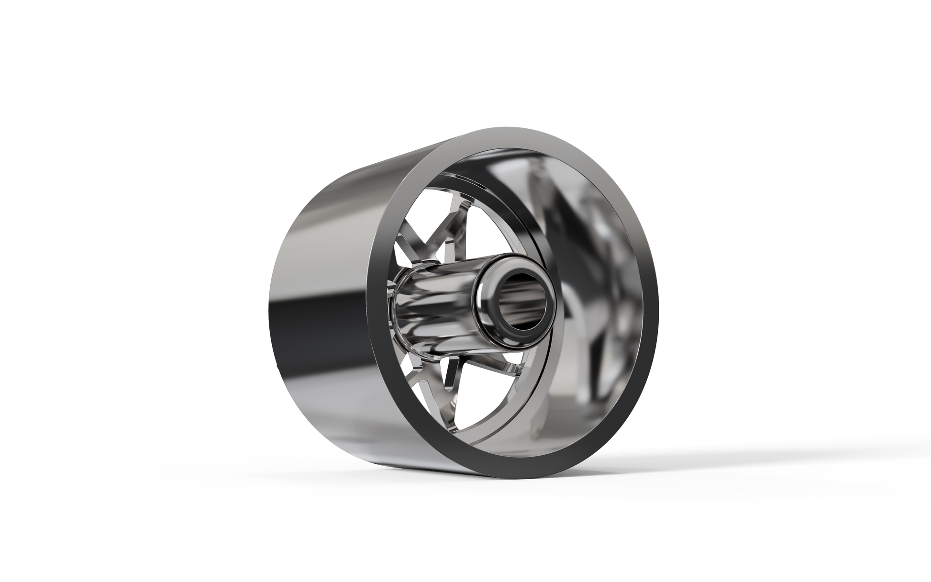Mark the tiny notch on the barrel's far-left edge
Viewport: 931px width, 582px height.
278,368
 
